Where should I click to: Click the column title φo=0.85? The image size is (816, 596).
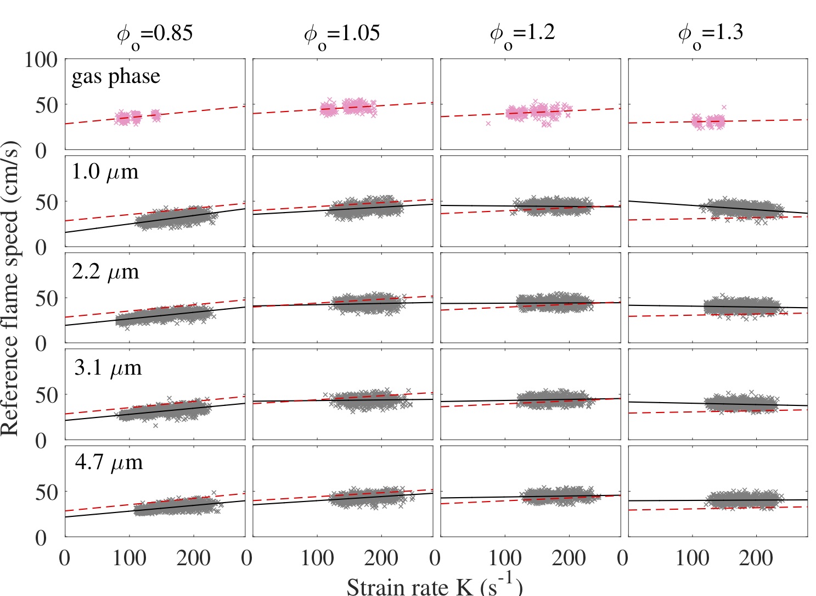pos(155,34)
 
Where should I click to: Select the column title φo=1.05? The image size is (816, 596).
pos(342,34)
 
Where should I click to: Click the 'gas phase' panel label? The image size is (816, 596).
pos(116,76)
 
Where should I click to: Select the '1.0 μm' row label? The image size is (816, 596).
pos(105,172)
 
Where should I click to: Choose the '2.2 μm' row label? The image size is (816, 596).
pos(105,272)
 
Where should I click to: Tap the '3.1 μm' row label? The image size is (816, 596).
pos(108,367)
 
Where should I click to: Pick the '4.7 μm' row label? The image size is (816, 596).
pos(109,463)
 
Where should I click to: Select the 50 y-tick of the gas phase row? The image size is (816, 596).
pos(47,105)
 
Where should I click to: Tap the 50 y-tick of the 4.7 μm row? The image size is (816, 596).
pos(47,492)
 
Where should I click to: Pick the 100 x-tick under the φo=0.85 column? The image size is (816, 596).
pos(129,559)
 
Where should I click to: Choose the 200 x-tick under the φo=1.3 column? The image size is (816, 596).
pos(756,559)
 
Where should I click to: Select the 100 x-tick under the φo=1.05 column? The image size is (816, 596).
pos(317,559)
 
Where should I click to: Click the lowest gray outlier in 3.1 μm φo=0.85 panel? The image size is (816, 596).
pos(155,425)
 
